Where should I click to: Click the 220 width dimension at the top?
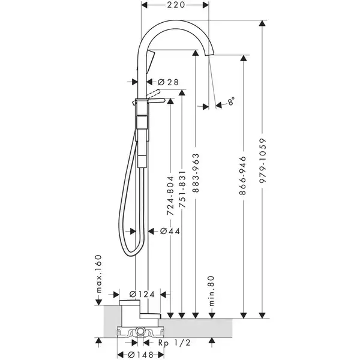[x=176, y=5]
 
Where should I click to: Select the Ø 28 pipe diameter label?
[x=168, y=82]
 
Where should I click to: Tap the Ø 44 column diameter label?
[x=170, y=231]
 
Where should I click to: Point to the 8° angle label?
[x=231, y=101]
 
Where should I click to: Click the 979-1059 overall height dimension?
[x=262, y=160]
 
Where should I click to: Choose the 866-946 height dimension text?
[x=242, y=176]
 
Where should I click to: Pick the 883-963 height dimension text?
[x=196, y=173]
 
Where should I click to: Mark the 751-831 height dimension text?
[x=182, y=189]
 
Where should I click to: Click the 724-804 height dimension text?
[x=170, y=196]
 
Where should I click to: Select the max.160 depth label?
[x=98, y=274]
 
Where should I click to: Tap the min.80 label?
[x=211, y=291]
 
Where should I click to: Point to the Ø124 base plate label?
[x=142, y=294]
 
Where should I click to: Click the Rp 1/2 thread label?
[x=175, y=343]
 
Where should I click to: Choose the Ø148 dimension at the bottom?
[x=141, y=355]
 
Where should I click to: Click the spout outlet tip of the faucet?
[x=209, y=54]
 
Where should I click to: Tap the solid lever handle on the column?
[x=157, y=100]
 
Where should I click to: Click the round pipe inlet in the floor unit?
[x=140, y=331]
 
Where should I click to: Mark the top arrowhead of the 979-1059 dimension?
[x=262, y=23]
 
